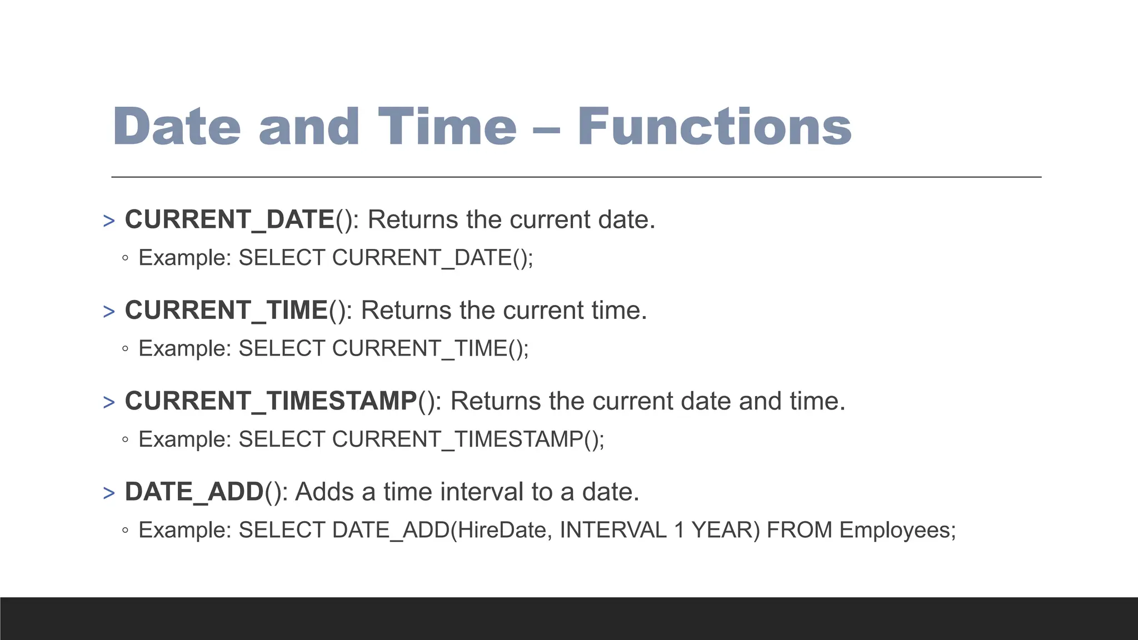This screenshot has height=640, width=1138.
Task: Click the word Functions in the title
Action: click(714, 127)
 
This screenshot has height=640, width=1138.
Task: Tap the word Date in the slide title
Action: click(177, 127)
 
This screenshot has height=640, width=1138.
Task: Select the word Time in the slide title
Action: click(447, 127)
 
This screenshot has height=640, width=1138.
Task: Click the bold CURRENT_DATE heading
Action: click(229, 219)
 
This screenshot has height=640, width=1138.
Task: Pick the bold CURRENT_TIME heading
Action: click(226, 310)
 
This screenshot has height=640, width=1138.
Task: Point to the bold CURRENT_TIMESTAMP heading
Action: click(271, 401)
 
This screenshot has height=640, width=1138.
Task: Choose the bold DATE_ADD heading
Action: click(194, 492)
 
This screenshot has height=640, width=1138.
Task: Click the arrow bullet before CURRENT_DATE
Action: click(109, 221)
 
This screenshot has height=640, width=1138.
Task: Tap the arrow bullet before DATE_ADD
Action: click(109, 493)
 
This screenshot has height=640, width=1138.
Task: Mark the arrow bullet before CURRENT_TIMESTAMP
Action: click(109, 402)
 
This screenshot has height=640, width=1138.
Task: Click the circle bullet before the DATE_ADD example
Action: click(125, 531)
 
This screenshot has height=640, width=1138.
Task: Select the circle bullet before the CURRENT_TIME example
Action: click(125, 349)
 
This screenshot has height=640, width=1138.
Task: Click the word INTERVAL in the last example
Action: click(613, 530)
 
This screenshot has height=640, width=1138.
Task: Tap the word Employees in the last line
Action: click(897, 530)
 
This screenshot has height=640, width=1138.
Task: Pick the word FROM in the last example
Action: click(799, 530)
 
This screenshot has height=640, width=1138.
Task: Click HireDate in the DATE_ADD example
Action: click(503, 530)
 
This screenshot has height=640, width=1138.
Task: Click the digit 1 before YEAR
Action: click(679, 530)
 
